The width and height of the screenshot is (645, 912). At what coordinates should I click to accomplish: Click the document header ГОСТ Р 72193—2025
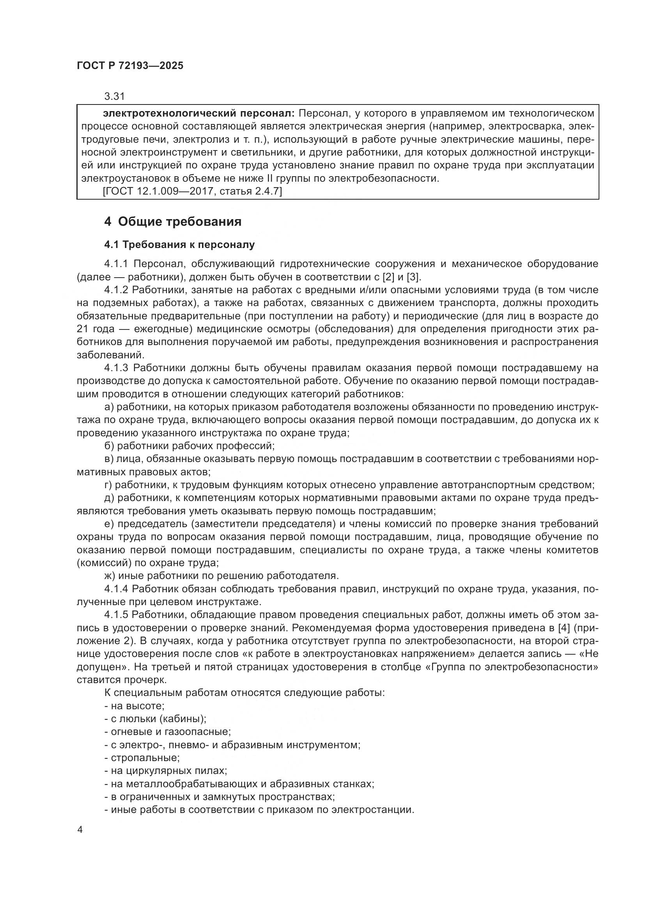point(130,66)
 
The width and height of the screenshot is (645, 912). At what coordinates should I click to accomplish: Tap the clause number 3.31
point(114,96)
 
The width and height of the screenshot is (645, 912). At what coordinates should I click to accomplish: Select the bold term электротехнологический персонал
point(198,113)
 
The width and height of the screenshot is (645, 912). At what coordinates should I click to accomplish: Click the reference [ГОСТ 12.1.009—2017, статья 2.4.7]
point(192,191)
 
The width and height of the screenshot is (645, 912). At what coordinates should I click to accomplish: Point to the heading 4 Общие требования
point(173,221)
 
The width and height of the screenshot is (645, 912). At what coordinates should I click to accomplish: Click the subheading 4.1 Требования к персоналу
point(179,245)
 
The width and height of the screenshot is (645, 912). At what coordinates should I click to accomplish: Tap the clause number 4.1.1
point(117,264)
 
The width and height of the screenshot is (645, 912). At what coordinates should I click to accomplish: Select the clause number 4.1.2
point(117,290)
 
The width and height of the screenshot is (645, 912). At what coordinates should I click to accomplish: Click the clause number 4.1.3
point(117,368)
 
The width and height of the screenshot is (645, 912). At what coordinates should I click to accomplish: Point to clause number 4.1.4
point(117,589)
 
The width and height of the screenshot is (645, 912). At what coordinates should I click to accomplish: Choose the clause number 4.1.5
point(117,615)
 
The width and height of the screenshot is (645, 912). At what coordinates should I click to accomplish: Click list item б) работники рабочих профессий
point(190,446)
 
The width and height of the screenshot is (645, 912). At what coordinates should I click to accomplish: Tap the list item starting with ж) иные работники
point(221,576)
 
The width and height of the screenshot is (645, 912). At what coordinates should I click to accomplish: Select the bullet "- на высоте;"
point(134,706)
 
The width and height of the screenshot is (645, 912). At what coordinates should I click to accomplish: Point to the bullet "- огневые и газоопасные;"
point(167,731)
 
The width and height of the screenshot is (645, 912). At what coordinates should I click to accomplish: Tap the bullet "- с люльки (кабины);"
point(155,719)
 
